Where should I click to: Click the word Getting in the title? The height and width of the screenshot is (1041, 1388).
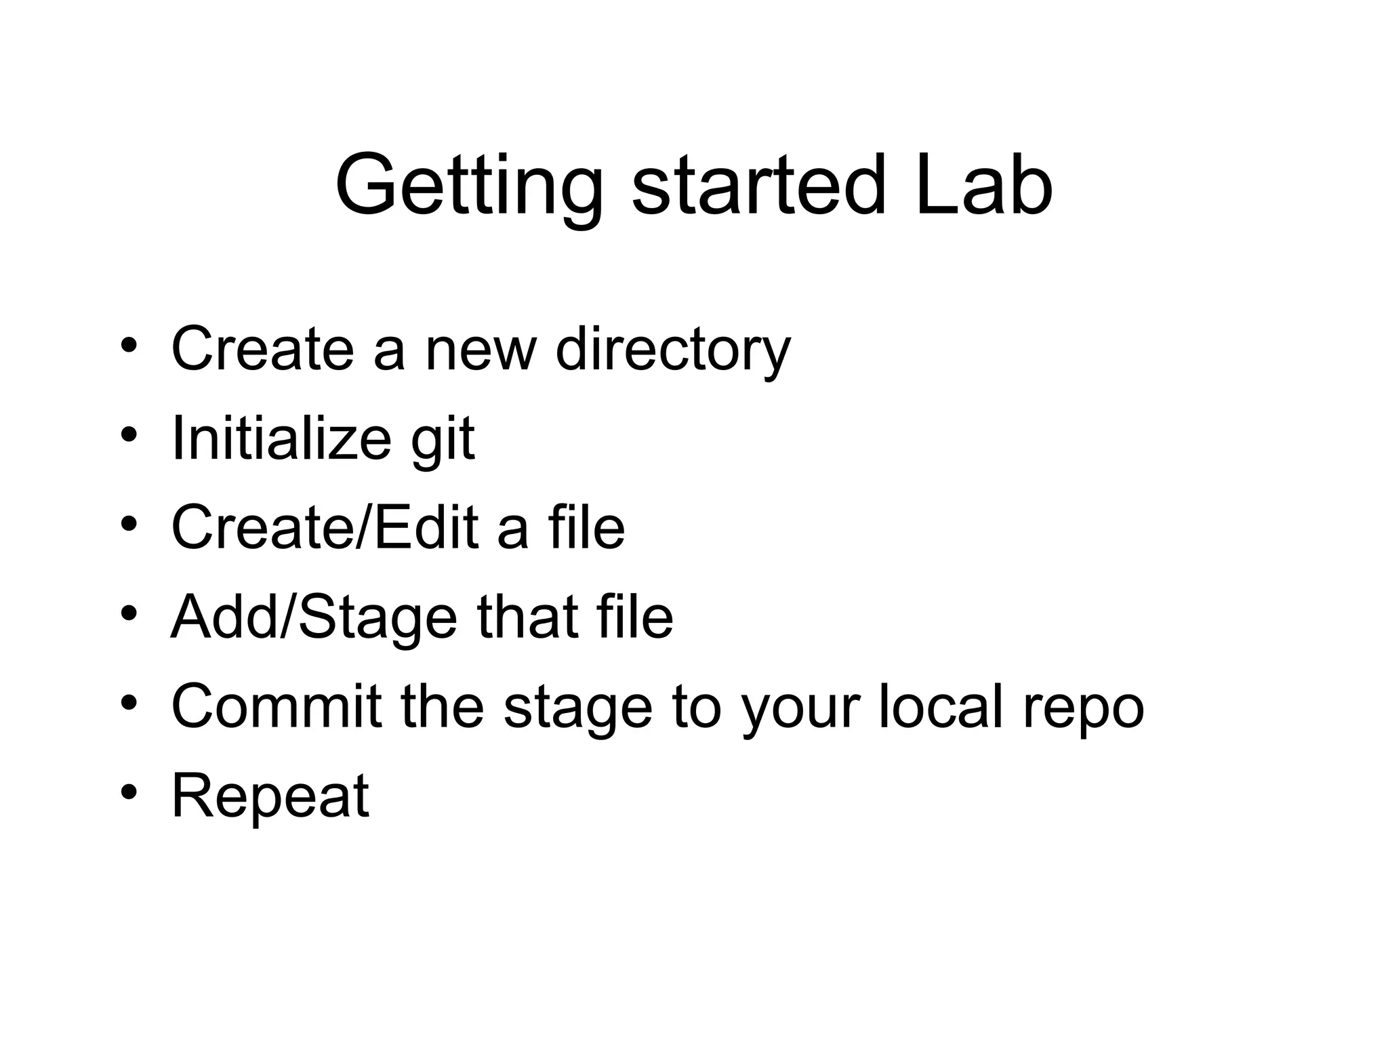468,186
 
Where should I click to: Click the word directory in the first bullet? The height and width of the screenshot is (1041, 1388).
672,350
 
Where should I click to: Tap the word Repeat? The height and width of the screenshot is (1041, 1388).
270,796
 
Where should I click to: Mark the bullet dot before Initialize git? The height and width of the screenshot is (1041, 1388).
129,434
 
